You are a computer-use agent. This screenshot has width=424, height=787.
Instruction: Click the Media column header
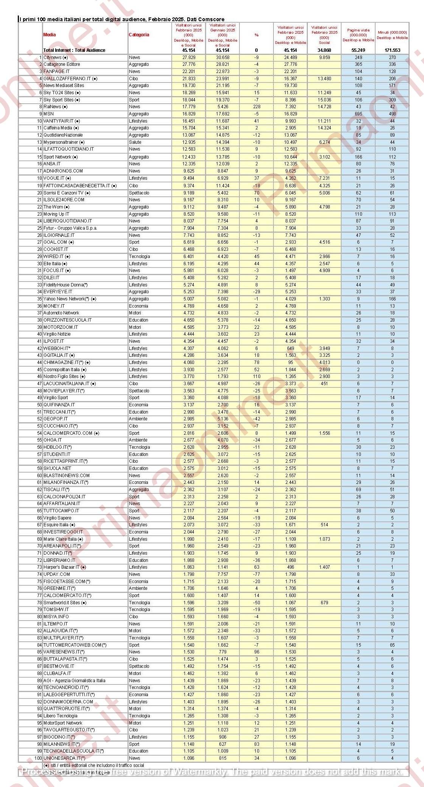tap(50, 35)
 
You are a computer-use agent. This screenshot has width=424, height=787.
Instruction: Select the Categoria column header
tap(139, 35)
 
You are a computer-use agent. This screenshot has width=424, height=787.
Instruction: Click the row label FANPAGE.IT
tap(56, 72)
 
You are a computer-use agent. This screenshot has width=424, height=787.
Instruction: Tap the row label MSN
tap(48, 114)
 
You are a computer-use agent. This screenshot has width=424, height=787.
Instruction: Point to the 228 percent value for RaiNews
tap(256, 107)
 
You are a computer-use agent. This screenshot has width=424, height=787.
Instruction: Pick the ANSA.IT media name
tap(52, 164)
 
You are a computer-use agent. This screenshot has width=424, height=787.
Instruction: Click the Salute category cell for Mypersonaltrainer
tap(135, 142)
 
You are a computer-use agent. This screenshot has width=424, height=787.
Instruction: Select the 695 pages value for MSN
tap(358, 114)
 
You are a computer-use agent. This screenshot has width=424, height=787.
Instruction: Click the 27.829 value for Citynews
tap(189, 58)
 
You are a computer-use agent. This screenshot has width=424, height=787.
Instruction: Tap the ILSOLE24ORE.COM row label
tap(64, 200)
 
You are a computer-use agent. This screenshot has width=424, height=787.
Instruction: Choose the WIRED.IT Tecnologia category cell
tap(139, 257)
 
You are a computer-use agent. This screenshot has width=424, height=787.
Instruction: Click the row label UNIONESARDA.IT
tap(64, 758)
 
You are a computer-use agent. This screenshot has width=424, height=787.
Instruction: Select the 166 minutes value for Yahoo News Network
tap(392, 299)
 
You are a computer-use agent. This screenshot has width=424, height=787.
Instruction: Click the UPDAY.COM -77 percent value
tap(256, 574)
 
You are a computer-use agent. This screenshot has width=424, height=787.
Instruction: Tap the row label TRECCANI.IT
tap(59, 412)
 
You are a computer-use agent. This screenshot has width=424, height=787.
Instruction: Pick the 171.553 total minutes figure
tap(392, 50)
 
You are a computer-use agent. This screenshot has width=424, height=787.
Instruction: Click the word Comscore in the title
tap(212, 19)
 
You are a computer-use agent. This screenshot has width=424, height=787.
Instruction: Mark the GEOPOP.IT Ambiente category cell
tap(138, 419)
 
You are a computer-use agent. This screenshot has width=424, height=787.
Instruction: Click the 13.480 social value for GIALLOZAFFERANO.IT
tap(324, 79)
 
